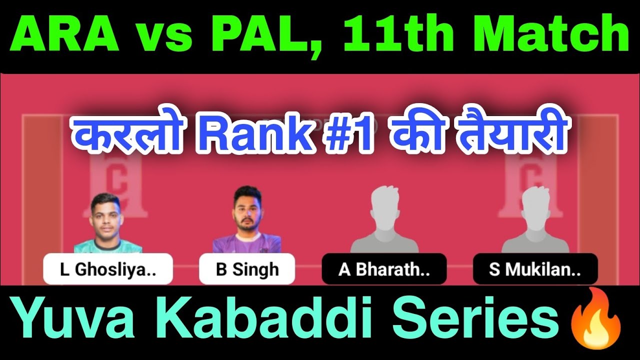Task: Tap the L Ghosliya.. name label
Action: point(107,269)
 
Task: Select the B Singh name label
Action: point(247,269)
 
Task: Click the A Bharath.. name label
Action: point(384,269)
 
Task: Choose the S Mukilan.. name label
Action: point(535,269)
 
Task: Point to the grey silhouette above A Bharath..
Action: point(384,220)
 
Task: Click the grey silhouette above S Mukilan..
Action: point(535,220)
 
